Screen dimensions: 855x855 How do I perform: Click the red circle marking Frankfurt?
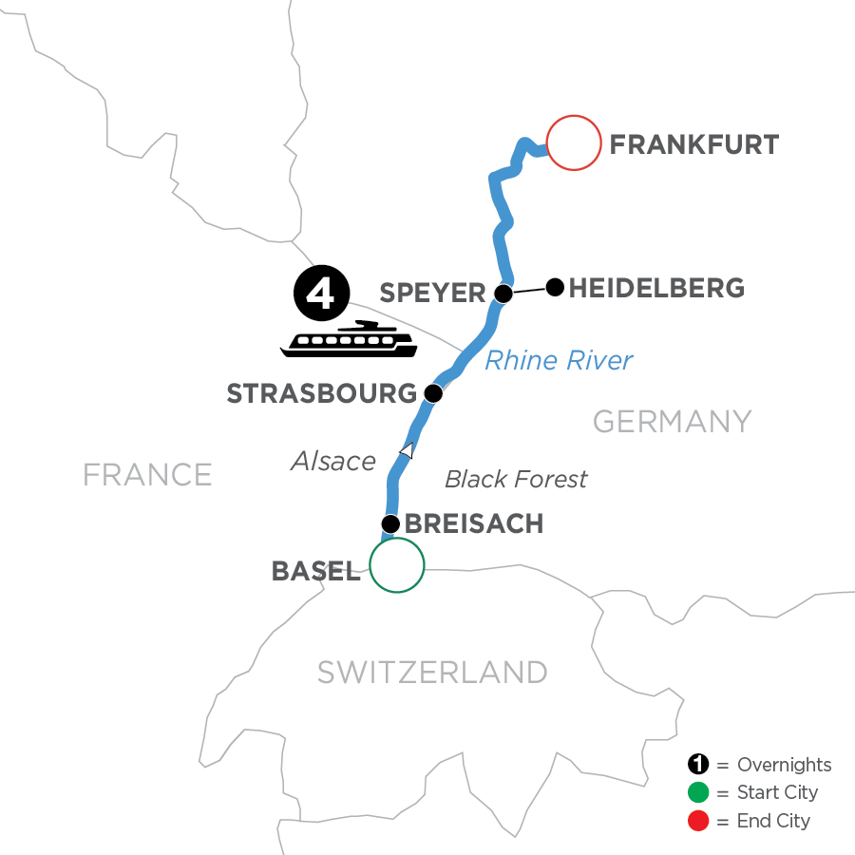(x=574, y=142)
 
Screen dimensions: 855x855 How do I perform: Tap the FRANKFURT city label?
(x=693, y=145)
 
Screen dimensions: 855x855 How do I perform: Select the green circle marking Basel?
(x=396, y=565)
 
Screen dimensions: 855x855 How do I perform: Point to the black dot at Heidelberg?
(x=555, y=285)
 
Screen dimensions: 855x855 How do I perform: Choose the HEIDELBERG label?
(x=656, y=286)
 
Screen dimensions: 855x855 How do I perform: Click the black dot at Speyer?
(x=504, y=294)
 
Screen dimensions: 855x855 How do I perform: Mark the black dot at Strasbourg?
(x=432, y=392)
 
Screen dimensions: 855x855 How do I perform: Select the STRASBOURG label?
(x=321, y=393)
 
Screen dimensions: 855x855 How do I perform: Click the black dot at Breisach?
(x=389, y=523)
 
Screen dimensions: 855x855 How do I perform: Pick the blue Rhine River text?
(x=559, y=360)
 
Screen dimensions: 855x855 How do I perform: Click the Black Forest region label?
(x=516, y=479)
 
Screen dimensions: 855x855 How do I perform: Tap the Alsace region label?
(x=333, y=461)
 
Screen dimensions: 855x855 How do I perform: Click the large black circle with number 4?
(x=321, y=293)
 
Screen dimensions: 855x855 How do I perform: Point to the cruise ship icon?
(x=349, y=341)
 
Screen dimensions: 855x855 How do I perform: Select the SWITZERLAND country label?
(x=432, y=672)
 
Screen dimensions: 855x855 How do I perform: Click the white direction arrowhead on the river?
(x=407, y=451)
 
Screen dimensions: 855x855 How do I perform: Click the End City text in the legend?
(x=773, y=820)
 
